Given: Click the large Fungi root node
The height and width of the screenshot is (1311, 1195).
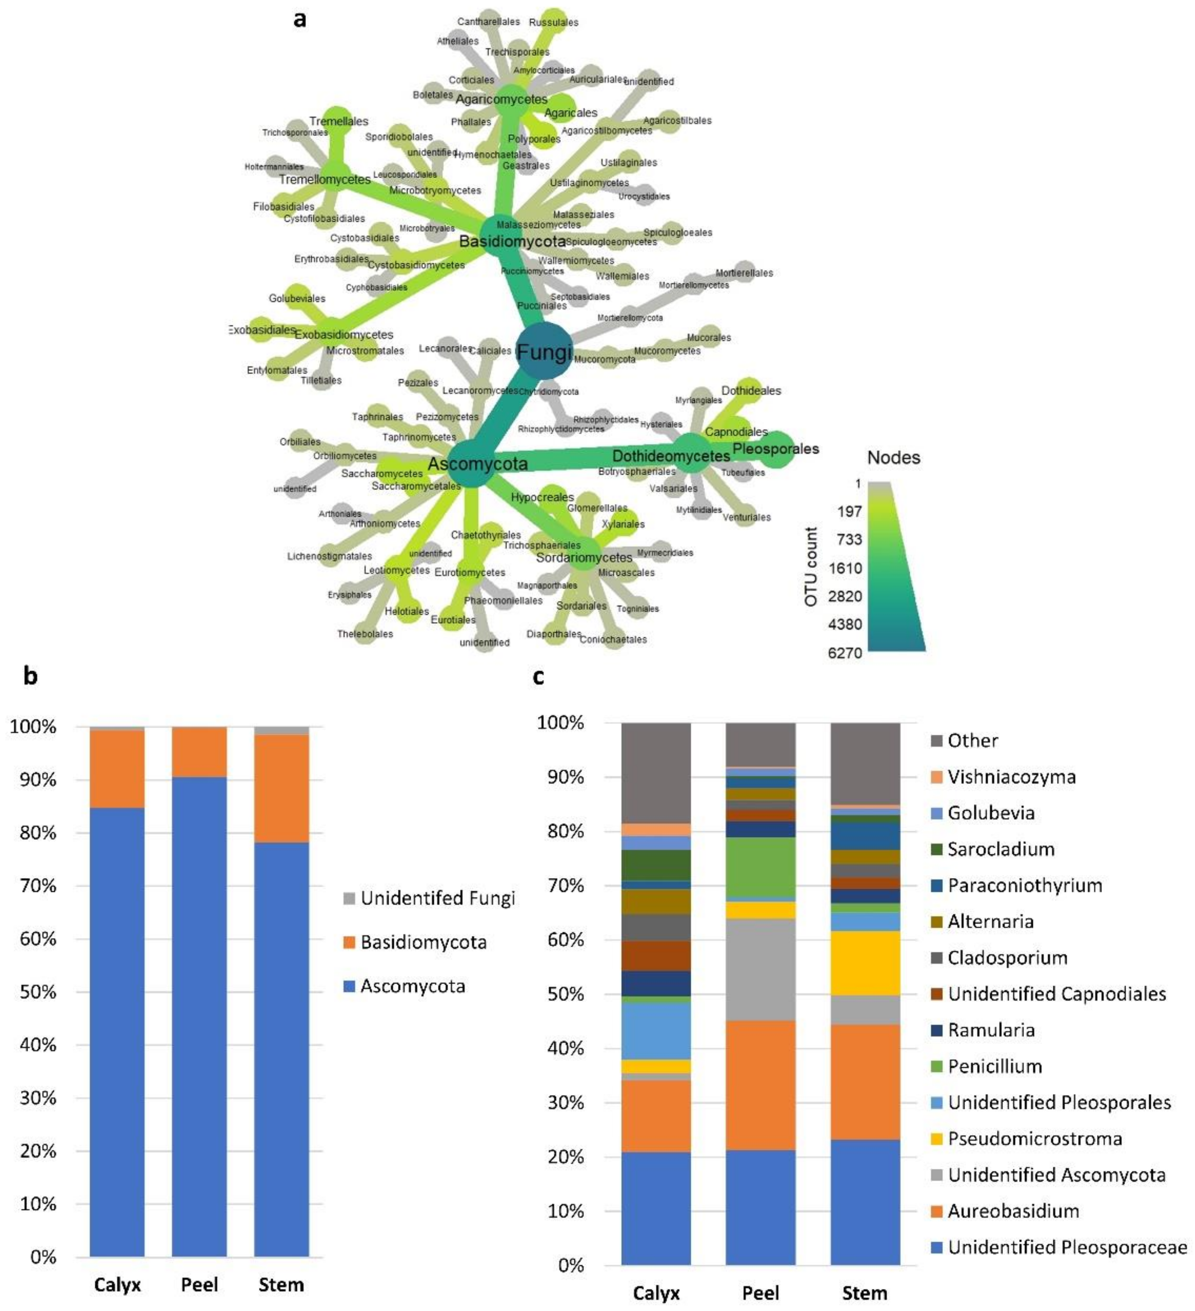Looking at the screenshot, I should pyautogui.click(x=544, y=351).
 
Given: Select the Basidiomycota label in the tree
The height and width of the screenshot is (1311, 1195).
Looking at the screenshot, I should pyautogui.click(x=512, y=241).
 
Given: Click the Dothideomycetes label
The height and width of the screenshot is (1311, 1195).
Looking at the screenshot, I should pyautogui.click(x=671, y=456).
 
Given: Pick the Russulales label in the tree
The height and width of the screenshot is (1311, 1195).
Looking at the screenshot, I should pyautogui.click(x=553, y=22).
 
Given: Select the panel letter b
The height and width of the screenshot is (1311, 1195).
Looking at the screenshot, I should pyautogui.click(x=30, y=676).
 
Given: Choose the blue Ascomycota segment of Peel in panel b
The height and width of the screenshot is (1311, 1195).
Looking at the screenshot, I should pyautogui.click(x=199, y=1015).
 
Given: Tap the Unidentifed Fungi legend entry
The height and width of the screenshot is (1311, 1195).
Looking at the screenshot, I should pyautogui.click(x=437, y=898).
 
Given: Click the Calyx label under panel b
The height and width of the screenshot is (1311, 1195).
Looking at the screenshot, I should pyautogui.click(x=117, y=1284).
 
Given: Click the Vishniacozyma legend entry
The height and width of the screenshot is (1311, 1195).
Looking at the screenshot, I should pyautogui.click(x=1011, y=777).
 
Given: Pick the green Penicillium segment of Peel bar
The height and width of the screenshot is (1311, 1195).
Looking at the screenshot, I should pyautogui.click(x=760, y=867).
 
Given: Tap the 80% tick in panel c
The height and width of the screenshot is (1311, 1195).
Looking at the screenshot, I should pyautogui.click(x=561, y=831).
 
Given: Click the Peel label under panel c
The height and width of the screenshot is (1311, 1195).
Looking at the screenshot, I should pyautogui.click(x=760, y=1293).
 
